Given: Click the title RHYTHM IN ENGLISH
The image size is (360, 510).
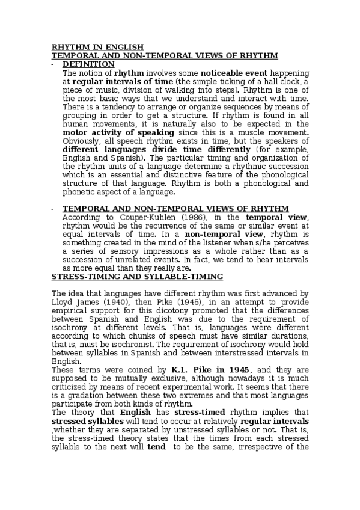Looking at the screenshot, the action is tap(97, 47).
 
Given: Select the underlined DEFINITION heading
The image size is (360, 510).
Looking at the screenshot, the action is tap(88, 64).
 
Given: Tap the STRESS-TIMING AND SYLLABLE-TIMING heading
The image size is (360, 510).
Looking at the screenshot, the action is tap(138, 276).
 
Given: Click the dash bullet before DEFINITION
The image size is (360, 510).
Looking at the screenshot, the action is tap(53, 64).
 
